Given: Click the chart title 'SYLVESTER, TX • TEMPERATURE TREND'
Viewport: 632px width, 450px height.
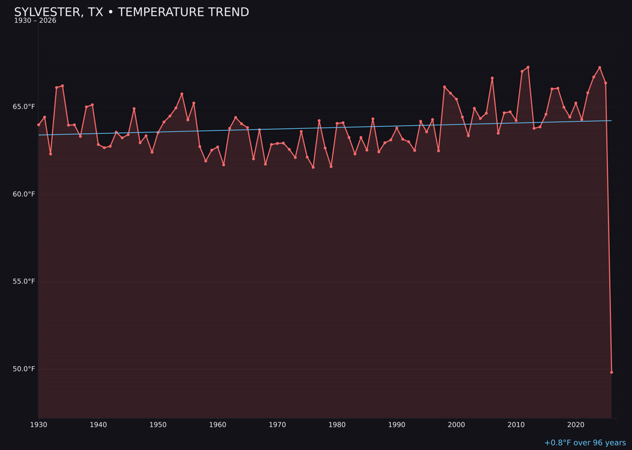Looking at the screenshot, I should (132, 12).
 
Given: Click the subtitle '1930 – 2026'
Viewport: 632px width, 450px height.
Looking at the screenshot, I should (35, 21).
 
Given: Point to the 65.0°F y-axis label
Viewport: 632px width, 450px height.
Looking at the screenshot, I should (24, 107).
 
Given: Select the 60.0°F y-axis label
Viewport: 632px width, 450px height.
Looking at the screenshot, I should (24, 194).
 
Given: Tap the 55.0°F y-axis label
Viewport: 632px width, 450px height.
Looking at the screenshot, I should (24, 281).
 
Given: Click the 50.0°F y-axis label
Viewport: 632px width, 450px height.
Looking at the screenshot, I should (24, 369).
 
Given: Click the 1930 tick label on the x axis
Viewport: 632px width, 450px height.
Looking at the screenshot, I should (39, 424).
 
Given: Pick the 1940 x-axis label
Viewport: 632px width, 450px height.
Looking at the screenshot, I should (98, 424).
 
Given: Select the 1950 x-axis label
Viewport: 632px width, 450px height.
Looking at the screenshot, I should (158, 424).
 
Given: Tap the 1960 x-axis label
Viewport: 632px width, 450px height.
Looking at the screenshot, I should (218, 424).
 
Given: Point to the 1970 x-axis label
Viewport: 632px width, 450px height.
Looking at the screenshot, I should (277, 424).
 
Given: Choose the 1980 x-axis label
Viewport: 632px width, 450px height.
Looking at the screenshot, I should (337, 424).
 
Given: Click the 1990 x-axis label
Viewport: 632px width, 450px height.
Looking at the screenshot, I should (397, 424).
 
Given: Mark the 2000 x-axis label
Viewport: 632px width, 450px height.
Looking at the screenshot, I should (456, 424).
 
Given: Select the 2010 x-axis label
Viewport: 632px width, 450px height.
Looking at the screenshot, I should (516, 424).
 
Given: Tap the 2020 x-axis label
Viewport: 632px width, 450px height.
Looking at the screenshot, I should (576, 424).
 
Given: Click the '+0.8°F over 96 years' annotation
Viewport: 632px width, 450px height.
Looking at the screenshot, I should (585, 443).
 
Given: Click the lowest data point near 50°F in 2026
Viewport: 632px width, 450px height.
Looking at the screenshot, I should (612, 372).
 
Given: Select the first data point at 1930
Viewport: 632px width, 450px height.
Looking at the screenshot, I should (39, 125).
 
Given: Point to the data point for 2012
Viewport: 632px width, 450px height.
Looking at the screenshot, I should (528, 67).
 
